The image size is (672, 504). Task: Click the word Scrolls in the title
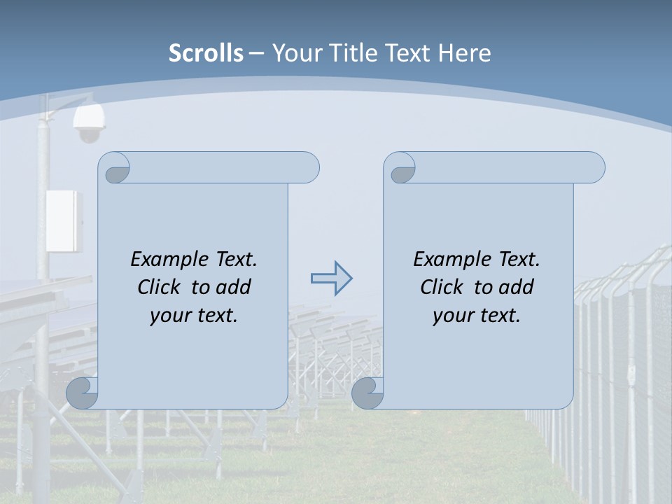point(206,53)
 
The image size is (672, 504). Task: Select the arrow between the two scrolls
point(331,278)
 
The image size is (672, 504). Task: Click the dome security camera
point(89,124)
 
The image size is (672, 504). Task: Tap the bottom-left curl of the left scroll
point(81,393)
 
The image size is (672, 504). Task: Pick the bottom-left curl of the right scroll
point(367,393)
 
